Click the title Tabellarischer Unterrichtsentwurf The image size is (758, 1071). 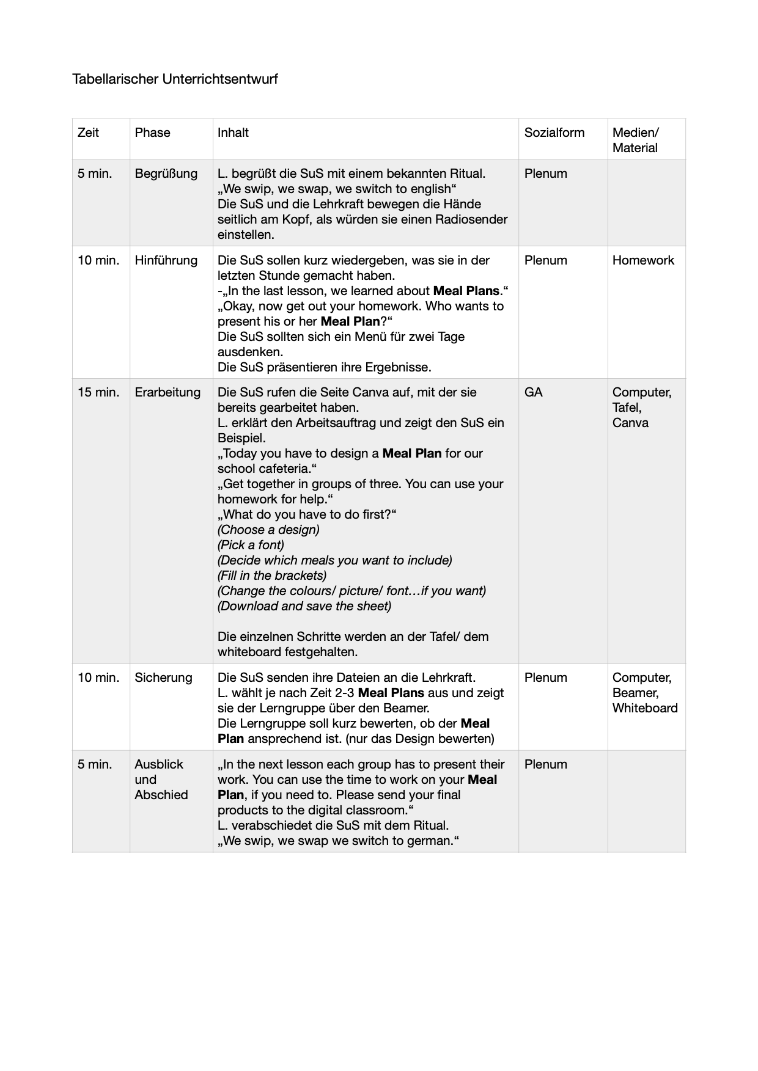(x=175, y=79)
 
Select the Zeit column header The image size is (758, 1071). (x=88, y=133)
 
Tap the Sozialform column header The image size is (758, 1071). (x=554, y=133)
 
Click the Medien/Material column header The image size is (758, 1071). (x=635, y=140)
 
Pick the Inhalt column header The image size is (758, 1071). (x=233, y=133)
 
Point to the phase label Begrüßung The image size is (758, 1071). (x=166, y=174)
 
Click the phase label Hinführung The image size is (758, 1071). (x=166, y=260)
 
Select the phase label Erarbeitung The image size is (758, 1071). (x=167, y=392)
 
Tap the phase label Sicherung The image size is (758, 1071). (x=163, y=678)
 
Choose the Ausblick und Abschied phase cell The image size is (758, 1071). (x=161, y=780)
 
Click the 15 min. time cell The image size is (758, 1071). (x=98, y=392)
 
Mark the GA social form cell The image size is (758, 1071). (x=533, y=392)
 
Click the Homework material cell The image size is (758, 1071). (x=643, y=260)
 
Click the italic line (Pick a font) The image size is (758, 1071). (x=251, y=545)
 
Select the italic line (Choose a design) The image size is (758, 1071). (x=268, y=530)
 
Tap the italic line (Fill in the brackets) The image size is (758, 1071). (x=272, y=576)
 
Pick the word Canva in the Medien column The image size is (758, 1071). (x=630, y=423)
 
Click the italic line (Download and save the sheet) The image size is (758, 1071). (x=304, y=606)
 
